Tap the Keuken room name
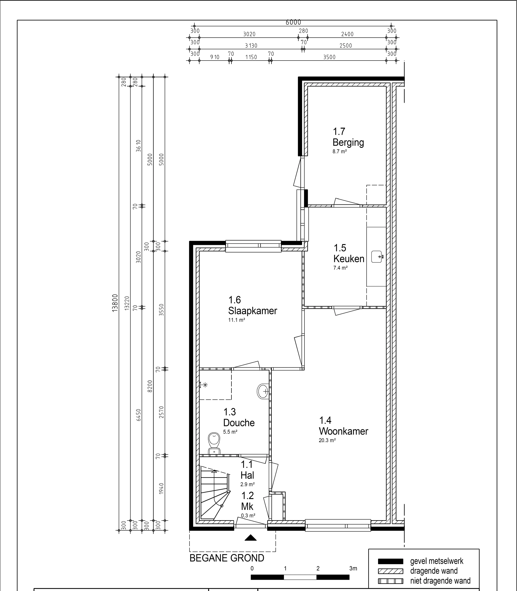click(349, 259)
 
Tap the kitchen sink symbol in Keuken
click(377, 257)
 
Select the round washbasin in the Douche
click(263, 392)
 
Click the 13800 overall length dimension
click(115, 303)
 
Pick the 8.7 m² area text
click(340, 151)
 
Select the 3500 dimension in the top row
click(329, 57)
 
